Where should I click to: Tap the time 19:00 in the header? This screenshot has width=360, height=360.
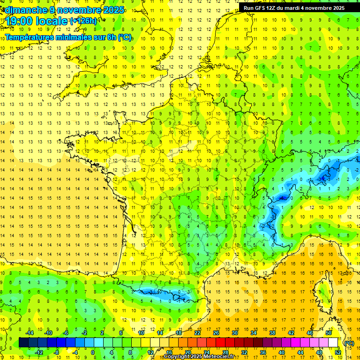pos(20,21)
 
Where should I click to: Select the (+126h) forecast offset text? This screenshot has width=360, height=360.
pos(83,21)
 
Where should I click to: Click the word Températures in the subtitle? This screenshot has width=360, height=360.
pos(30,37)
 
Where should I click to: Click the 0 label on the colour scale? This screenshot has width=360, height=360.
pos(92,352)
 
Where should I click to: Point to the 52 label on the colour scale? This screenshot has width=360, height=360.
pos(337,352)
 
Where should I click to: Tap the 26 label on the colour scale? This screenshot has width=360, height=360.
pos(216,332)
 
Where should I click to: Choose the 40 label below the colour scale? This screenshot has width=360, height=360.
pos(281,352)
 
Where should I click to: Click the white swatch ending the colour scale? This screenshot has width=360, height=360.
pos(333,343)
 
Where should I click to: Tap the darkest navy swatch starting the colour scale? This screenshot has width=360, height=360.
pos(23,343)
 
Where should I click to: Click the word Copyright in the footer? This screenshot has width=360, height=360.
pos(177,357)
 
